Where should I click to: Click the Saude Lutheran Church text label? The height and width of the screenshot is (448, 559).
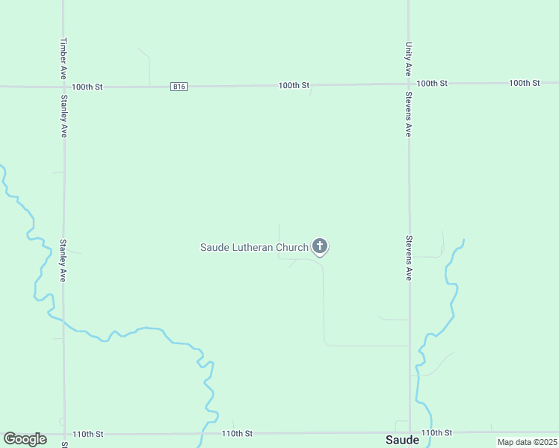(x=254, y=247)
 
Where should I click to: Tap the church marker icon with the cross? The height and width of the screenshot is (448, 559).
(x=320, y=246)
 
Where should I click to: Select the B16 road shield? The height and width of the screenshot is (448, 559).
(x=179, y=87)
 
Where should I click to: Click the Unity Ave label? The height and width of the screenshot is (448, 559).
(x=409, y=58)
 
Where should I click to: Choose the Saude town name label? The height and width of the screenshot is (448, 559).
(x=402, y=440)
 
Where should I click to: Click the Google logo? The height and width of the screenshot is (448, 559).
(x=25, y=439)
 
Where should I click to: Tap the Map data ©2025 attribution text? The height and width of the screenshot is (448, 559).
(x=527, y=442)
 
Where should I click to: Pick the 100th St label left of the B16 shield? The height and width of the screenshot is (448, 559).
(x=87, y=87)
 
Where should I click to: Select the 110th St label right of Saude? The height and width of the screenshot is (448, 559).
(x=436, y=432)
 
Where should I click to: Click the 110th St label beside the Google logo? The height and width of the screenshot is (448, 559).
(x=87, y=434)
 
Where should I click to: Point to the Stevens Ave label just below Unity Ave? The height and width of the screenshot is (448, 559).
(x=409, y=113)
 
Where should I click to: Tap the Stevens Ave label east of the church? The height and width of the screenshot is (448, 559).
(x=409, y=258)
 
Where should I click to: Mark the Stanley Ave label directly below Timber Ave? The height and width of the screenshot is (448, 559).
(x=64, y=116)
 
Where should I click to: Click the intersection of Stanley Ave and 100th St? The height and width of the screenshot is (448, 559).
(x=64, y=87)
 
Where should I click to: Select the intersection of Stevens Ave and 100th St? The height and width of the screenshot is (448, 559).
(x=409, y=84)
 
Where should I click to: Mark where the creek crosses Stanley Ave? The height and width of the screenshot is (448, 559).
(x=64, y=323)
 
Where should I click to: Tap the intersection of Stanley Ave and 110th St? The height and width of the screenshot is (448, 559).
(x=64, y=434)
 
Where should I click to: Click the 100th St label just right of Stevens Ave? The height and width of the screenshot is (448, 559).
(x=432, y=83)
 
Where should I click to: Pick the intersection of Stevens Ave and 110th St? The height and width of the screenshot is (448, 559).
(x=410, y=432)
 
